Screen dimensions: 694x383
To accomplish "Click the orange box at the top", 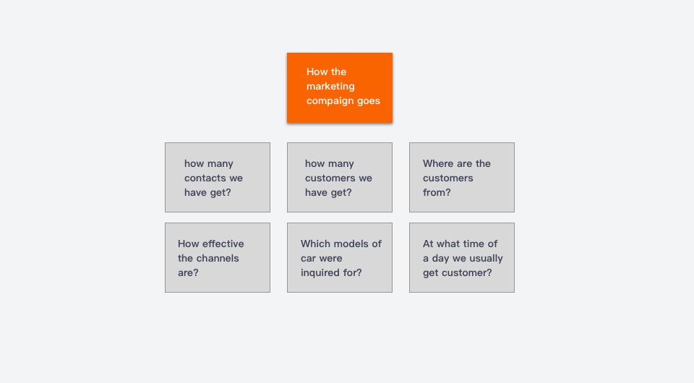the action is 340,87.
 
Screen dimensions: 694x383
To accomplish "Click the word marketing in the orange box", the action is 330,87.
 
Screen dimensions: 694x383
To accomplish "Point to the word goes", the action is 369,101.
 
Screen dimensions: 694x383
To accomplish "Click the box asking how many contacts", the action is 218,177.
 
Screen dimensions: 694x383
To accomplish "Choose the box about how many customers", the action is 340,177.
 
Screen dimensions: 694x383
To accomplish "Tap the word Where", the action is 438,163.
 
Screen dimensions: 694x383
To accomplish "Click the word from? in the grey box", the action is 437,192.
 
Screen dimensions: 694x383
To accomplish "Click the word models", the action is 351,244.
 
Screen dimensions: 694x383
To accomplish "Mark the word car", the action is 309,259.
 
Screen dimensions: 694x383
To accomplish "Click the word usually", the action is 486,259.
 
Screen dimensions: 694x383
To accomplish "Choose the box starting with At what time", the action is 462,257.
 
